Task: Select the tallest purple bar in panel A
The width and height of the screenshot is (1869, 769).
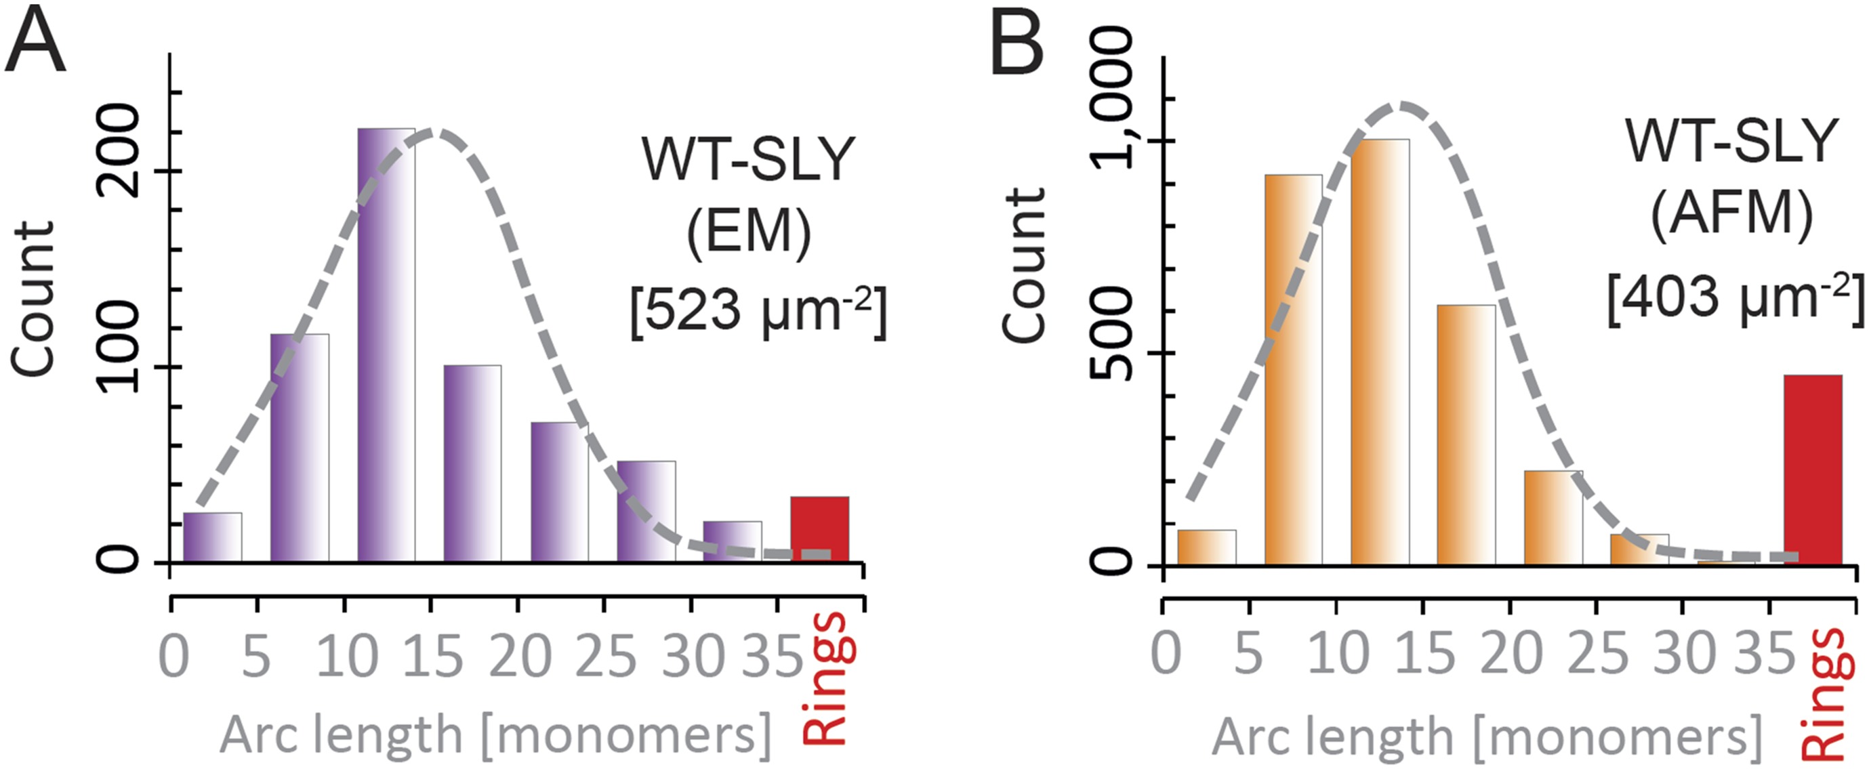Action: point(386,345)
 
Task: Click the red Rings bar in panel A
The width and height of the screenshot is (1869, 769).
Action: point(819,529)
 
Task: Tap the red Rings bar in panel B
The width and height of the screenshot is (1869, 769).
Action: point(1812,470)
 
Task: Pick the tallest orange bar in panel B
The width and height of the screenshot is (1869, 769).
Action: point(1379,352)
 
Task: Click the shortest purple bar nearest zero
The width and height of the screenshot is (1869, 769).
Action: point(212,537)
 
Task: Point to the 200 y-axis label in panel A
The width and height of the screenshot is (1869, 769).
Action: point(121,150)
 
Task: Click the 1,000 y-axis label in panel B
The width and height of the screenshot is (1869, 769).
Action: point(1112,98)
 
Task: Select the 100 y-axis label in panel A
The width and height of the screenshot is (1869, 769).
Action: point(121,347)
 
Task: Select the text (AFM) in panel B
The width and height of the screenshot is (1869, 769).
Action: point(1731,215)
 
